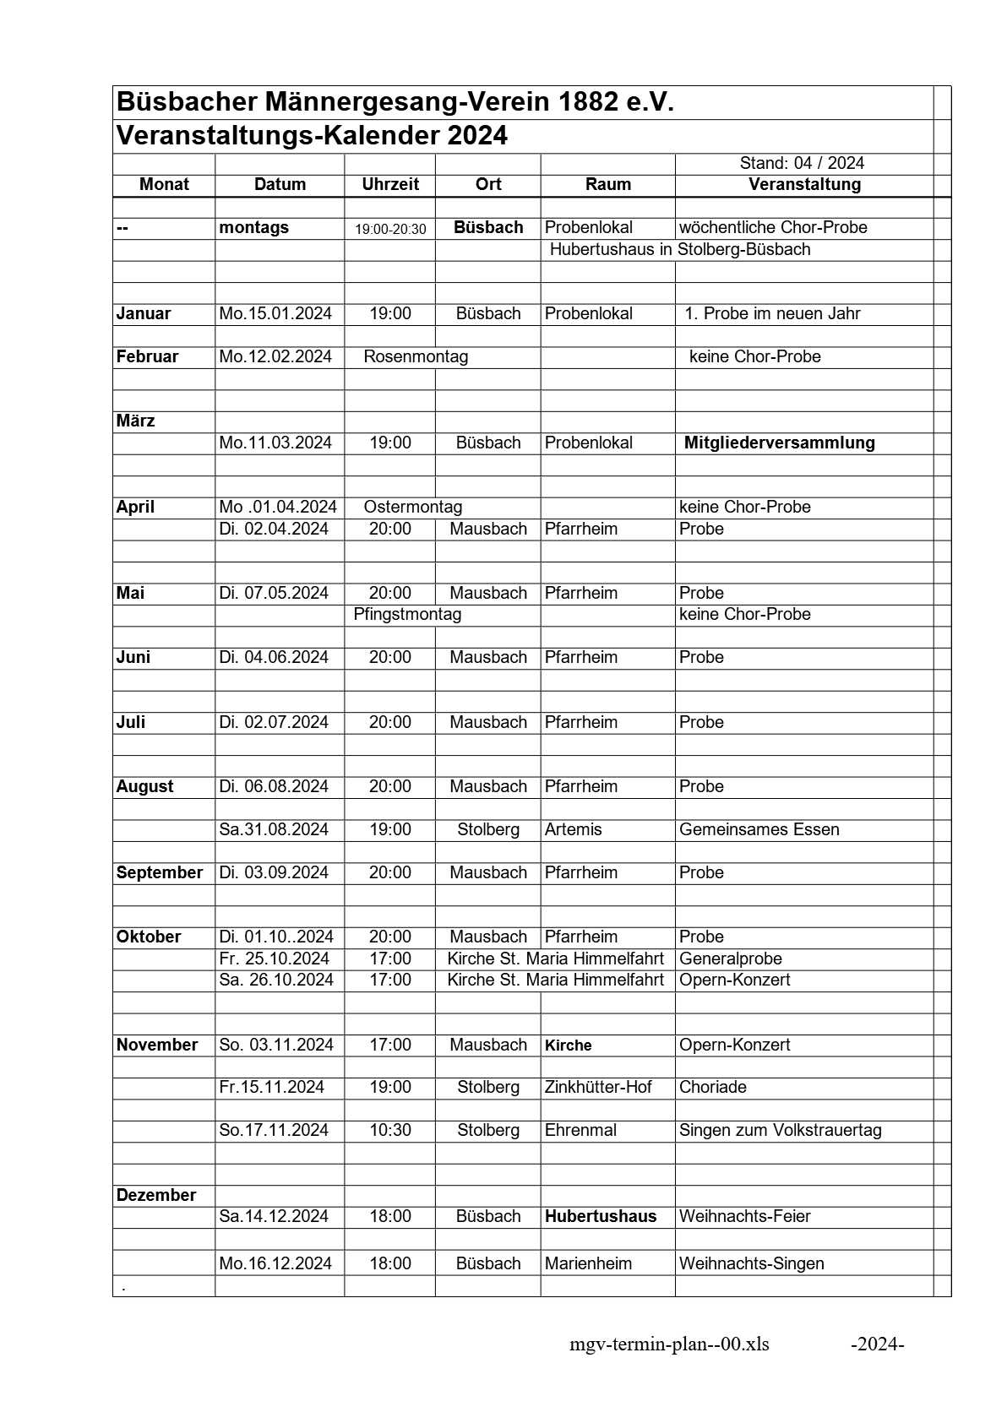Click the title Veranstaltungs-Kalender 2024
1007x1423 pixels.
pos(312,136)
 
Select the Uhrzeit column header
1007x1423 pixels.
pos(390,185)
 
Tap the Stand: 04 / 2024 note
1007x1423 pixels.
pos(802,163)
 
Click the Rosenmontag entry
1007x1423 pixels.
pos(416,356)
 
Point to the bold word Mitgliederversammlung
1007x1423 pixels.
pos(779,443)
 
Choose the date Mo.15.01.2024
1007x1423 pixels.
pos(275,313)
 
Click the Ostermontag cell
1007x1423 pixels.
pos(413,507)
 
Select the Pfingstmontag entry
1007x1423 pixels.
pos(407,614)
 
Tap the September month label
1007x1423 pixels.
pos(160,872)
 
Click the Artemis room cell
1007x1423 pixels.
pos(574,829)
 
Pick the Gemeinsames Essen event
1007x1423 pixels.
pos(759,829)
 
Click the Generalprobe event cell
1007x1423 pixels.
pos(730,959)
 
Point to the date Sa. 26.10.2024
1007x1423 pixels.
pos(276,980)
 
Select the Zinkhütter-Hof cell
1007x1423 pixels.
pos(598,1087)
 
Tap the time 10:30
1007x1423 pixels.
pos(390,1130)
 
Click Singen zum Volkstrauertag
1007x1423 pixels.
pos(780,1130)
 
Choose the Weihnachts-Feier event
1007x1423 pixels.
pos(744,1216)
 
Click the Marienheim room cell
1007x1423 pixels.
pos(588,1263)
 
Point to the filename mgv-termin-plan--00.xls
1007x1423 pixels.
pos(669,1344)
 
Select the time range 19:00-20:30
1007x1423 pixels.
pos(390,229)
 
